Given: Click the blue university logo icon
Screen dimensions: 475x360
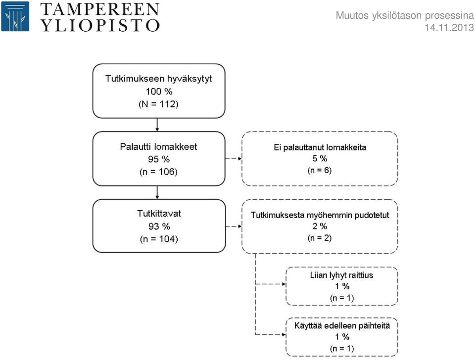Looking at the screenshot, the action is tap(15, 16).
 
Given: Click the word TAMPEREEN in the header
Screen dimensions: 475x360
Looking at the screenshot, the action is tap(100, 9).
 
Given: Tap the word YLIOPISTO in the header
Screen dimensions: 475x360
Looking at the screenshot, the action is tap(100, 25).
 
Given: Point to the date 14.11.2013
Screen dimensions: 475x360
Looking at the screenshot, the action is tap(449, 28).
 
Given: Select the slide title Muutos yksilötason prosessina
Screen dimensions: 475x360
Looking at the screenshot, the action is tap(405, 15).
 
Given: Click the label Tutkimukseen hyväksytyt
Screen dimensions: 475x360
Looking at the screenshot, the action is tap(158, 79).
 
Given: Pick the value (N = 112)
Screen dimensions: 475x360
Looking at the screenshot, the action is tap(158, 104).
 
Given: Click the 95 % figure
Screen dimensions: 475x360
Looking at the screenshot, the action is tap(159, 159).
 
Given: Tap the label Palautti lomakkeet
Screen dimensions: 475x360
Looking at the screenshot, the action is tap(158, 146).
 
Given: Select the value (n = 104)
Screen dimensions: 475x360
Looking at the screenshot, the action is tap(159, 239).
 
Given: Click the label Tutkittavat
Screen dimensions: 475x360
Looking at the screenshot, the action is tap(159, 214).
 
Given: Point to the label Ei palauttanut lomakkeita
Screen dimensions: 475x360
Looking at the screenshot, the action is tap(320, 147).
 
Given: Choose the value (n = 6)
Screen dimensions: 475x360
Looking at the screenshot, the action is tap(320, 170).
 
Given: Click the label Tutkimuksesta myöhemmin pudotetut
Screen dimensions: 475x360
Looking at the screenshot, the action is tap(320, 215).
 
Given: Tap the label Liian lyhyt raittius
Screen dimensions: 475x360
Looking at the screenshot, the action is tap(342, 275).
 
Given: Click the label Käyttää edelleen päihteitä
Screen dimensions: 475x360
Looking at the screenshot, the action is tap(342, 326).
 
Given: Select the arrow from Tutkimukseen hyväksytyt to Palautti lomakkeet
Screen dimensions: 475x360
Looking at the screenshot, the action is tap(157, 125).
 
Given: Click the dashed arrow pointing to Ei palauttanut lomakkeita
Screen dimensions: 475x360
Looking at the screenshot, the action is tap(234, 158).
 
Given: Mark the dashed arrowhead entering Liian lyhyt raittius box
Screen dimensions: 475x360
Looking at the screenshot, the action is tap(284, 284).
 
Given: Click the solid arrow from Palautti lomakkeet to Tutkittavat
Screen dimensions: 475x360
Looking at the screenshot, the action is tap(157, 192).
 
